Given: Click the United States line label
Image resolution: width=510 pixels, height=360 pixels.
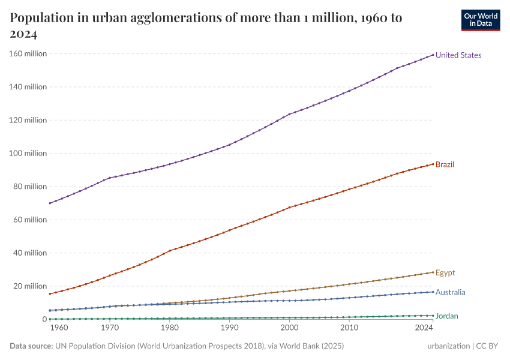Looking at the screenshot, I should [458, 55].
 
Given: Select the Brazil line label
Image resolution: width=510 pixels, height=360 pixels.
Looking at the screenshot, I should [445, 164].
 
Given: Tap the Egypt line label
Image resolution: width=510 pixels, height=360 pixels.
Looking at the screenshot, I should [445, 273].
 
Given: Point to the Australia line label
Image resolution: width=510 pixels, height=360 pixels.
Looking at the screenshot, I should [450, 293].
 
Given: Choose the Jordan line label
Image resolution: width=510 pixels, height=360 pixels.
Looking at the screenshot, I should [447, 316].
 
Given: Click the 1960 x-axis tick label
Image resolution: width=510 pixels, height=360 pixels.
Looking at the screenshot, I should [58, 329].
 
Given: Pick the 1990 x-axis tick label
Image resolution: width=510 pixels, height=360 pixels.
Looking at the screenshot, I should [229, 329].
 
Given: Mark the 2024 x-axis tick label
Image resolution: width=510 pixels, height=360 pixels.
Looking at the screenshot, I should [424, 329].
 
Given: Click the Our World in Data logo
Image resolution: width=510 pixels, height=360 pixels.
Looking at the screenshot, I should [480, 20].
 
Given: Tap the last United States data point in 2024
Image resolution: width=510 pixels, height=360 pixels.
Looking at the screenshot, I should [433, 55].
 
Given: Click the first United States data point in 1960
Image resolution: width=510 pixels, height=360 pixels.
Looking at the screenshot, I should [50, 203].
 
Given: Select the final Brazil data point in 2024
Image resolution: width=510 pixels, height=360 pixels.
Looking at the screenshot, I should [433, 164].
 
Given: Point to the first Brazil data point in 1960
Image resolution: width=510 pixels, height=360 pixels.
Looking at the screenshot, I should [50, 293].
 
